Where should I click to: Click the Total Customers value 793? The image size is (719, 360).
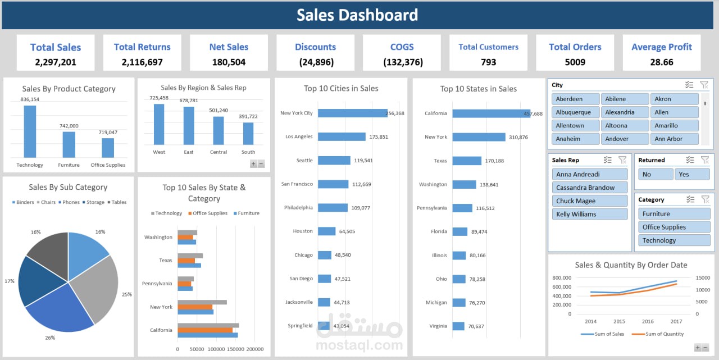[x=488, y=62]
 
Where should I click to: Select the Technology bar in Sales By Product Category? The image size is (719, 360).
[x=30, y=131]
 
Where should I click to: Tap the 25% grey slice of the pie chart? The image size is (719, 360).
[x=98, y=286]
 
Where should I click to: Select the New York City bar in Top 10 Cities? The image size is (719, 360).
[x=352, y=113]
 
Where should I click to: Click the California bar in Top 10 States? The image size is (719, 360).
[x=491, y=113]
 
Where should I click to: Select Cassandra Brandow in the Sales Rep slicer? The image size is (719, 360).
[x=589, y=188]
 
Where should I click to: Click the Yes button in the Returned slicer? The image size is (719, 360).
[x=691, y=175]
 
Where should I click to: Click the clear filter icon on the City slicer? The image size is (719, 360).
[x=704, y=85]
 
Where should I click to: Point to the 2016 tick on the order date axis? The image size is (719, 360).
[x=648, y=322]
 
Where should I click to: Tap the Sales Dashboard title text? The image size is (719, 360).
[x=357, y=15]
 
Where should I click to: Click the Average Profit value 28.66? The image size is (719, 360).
[x=661, y=62]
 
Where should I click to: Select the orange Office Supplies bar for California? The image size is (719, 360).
[x=205, y=330]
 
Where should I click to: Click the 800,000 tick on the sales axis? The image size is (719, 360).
[x=562, y=278]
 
